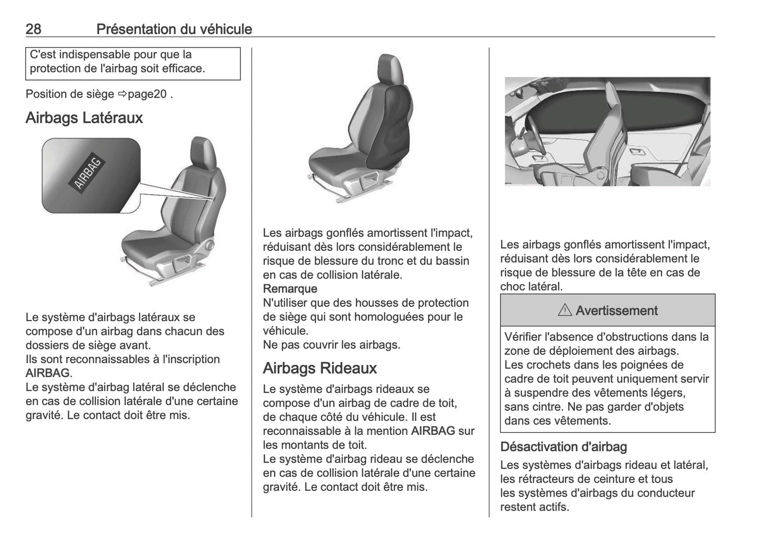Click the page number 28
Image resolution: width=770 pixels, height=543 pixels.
33,29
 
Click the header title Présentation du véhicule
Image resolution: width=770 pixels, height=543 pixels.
174,29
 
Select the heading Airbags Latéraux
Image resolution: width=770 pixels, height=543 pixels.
84,118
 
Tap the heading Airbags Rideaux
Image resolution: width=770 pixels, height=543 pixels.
320,368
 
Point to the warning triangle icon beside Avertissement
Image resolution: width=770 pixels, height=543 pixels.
564,310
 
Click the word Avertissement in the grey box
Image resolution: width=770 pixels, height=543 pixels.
617,310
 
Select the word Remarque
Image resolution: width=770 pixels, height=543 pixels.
290,289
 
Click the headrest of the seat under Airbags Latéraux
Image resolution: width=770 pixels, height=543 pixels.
202,150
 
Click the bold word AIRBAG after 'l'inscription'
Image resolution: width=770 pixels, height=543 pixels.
47,373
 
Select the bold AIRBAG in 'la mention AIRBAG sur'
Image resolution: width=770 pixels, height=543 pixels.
433,430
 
